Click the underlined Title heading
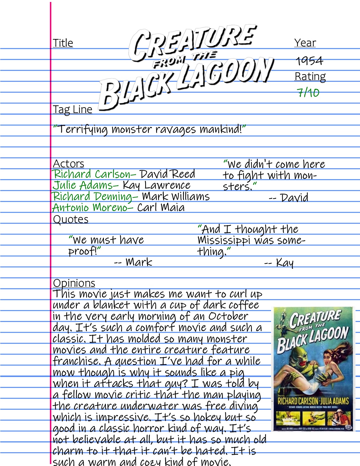tap(63, 43)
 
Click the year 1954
tap(309, 61)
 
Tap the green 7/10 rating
tap(308, 92)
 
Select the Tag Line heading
tap(73, 109)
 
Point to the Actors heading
tap(69, 164)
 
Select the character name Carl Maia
tap(161, 208)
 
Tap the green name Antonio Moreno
tap(90, 208)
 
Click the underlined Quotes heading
tap(71, 219)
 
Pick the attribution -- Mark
tap(133, 262)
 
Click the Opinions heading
tap(74, 283)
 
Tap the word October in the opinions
tap(228, 316)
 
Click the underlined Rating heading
tap(310, 76)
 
